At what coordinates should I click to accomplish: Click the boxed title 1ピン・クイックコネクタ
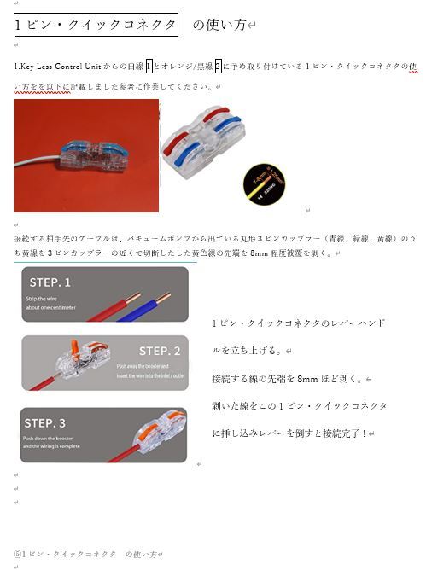(x=96, y=25)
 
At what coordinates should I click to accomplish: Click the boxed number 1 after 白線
(x=149, y=66)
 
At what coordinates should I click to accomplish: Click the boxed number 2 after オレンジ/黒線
(x=218, y=66)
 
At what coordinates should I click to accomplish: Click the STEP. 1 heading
(x=50, y=282)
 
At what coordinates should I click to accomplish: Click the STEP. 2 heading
(x=160, y=351)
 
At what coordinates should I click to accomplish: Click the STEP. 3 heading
(x=45, y=422)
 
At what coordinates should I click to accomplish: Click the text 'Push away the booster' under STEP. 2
(x=143, y=366)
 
